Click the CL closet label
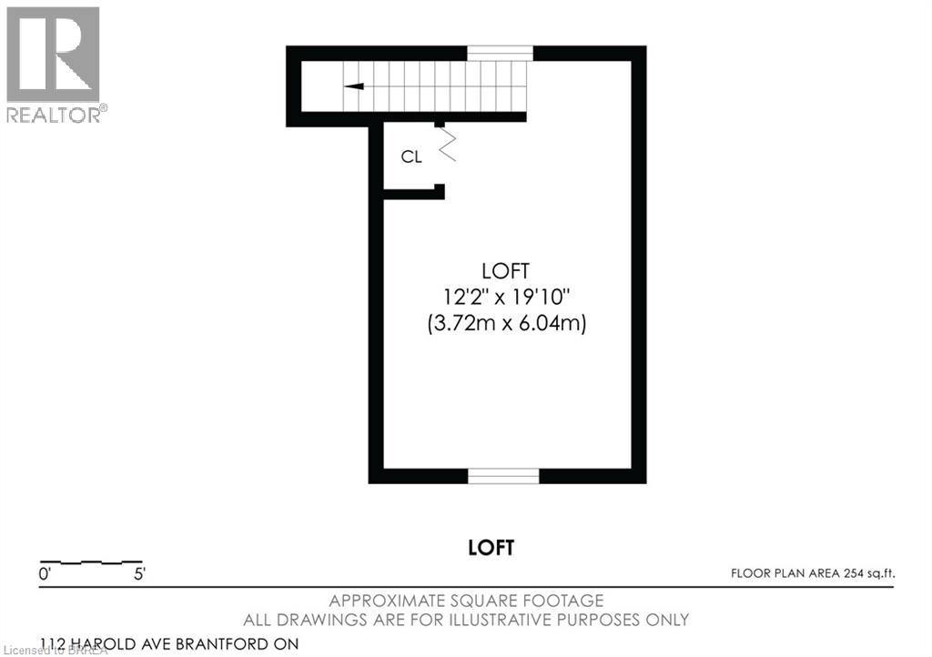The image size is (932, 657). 411,157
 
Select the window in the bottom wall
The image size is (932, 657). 503,475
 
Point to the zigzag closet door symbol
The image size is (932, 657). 446,144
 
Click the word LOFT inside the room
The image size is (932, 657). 506,270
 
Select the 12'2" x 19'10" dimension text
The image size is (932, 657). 506,296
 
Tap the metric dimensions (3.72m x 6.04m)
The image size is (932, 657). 506,322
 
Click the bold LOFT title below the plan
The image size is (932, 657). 491,548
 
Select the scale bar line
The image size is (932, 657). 91,561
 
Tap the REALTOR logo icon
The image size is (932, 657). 53,55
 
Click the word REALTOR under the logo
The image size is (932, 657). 55,114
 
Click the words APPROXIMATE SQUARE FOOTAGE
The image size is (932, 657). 466,601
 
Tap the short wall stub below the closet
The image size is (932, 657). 413,192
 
